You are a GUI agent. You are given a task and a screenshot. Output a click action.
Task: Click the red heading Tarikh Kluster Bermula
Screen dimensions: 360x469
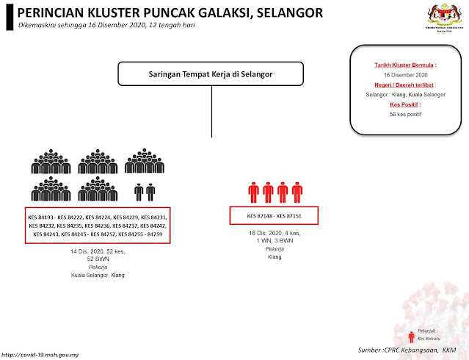[x=400, y=65]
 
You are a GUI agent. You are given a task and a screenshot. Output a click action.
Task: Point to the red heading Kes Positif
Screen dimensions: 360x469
[x=400, y=105]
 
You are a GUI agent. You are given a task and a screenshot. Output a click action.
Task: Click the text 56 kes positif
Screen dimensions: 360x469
[x=400, y=115]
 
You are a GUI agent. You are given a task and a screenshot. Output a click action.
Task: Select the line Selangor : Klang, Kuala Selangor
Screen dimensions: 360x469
[x=400, y=95]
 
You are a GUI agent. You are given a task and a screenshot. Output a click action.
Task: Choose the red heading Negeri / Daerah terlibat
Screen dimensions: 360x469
[x=400, y=85]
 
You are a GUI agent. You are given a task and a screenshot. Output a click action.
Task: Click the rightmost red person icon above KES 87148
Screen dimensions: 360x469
[x=297, y=192]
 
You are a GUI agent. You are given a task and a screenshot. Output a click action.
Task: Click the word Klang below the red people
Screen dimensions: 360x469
[x=275, y=258]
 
